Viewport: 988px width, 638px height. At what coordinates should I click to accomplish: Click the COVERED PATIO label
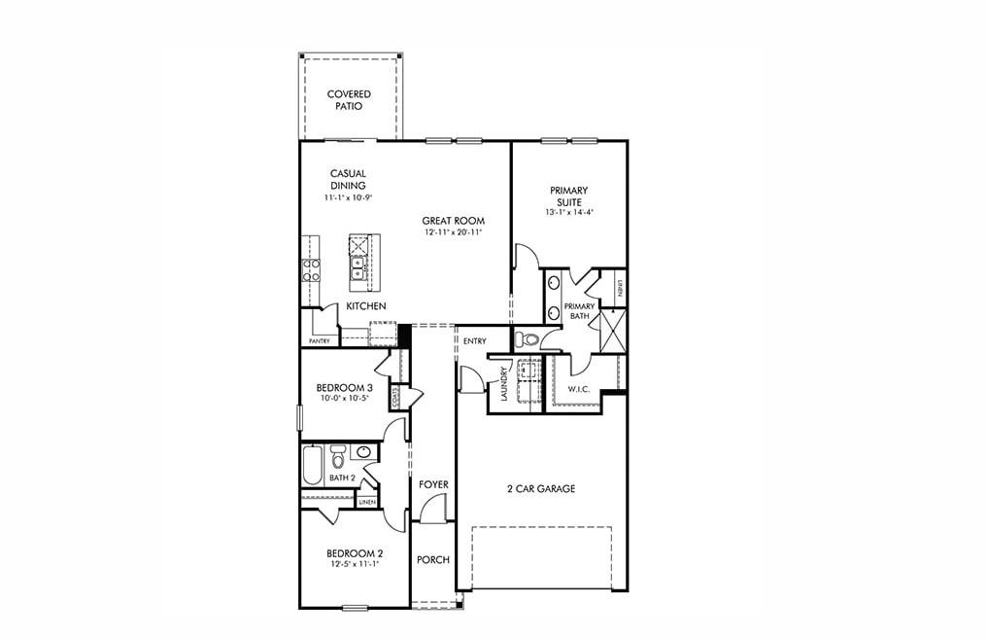(x=349, y=99)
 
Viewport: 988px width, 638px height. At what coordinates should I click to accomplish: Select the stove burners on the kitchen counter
(x=312, y=269)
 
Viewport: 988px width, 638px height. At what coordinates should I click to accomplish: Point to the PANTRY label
(x=319, y=341)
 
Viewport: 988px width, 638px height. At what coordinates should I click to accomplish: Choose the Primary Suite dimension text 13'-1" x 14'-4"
(x=569, y=211)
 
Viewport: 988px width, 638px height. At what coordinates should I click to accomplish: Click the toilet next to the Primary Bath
(x=526, y=338)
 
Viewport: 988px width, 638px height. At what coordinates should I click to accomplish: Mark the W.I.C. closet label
(x=579, y=389)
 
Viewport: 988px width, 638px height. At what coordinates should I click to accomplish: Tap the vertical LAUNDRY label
(x=504, y=384)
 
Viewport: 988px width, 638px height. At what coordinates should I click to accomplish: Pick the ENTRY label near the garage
(x=475, y=341)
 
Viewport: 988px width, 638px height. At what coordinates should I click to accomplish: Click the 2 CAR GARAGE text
(x=540, y=489)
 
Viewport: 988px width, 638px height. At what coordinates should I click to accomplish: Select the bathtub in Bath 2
(x=312, y=465)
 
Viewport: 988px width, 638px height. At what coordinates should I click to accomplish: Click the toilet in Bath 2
(x=338, y=454)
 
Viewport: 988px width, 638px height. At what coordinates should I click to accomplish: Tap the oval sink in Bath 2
(x=363, y=451)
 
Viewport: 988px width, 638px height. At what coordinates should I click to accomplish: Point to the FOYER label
(x=433, y=484)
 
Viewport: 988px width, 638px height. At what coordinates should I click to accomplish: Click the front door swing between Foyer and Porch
(x=436, y=509)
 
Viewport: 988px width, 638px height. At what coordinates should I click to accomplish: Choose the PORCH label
(x=433, y=560)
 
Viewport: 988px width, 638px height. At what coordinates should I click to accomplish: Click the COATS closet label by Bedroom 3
(x=395, y=399)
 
